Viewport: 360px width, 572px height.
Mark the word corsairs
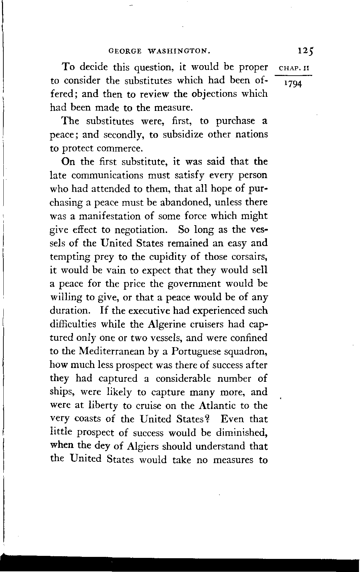[247, 257]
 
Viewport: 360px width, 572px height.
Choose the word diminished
[239, 433]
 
